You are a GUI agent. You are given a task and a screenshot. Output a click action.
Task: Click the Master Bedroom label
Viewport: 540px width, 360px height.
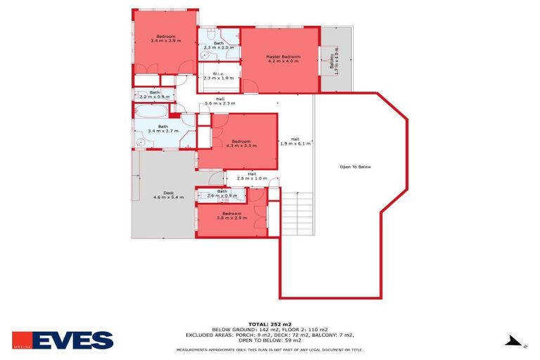[x=283, y=58]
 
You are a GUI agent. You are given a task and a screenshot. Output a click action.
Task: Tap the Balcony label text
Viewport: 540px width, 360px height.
[x=335, y=62]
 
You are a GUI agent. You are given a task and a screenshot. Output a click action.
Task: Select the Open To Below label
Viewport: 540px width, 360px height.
[x=355, y=167]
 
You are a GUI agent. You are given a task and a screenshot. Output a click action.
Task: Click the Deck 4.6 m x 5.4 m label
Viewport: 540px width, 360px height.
[x=168, y=195]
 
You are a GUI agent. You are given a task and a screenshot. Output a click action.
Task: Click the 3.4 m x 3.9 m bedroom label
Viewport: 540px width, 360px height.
[x=166, y=39]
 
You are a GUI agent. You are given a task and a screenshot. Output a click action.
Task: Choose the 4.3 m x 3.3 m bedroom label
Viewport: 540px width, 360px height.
[x=241, y=143]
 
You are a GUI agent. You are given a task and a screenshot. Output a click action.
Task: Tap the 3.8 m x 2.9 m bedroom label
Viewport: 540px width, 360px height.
[x=232, y=215]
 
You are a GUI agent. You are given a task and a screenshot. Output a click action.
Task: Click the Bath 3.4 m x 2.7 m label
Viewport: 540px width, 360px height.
[x=162, y=129]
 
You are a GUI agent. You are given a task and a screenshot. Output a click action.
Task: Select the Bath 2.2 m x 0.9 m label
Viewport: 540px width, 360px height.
[x=154, y=94]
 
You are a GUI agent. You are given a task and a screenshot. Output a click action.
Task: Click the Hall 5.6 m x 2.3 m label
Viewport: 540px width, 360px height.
[x=219, y=101]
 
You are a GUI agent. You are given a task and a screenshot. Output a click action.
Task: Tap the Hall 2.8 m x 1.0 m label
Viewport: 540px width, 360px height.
[x=251, y=176]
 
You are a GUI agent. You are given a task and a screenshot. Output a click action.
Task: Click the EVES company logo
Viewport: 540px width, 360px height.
[x=63, y=341]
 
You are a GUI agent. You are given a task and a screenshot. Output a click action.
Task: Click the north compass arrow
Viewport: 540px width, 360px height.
[x=515, y=342]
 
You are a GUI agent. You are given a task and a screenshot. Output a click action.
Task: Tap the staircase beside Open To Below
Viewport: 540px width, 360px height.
[x=295, y=211]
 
